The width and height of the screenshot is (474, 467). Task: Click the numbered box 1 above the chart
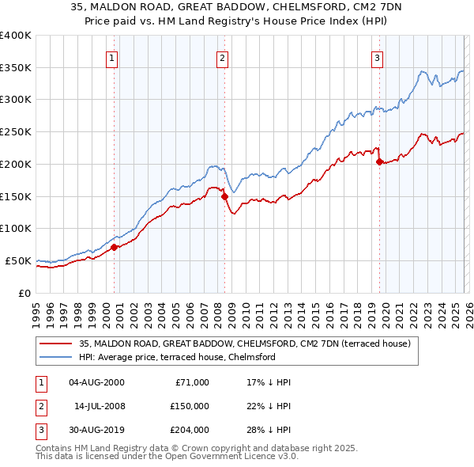(113, 58)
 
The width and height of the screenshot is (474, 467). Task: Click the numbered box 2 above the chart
(223, 58)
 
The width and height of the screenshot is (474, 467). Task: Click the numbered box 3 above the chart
(378, 58)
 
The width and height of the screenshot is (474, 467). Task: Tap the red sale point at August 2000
(114, 247)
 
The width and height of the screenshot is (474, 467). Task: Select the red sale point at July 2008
(224, 196)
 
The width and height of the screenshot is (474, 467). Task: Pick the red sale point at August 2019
(379, 161)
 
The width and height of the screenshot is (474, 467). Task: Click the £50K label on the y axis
(18, 260)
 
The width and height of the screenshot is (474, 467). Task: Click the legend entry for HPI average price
(176, 357)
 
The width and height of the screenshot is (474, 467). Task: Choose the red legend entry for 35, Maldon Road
(244, 344)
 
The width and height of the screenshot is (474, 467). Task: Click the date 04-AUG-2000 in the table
(96, 382)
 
